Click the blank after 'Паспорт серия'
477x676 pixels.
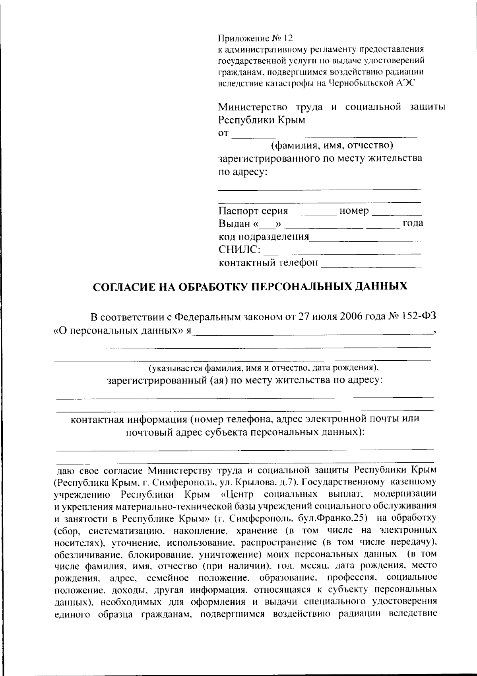point(314,212)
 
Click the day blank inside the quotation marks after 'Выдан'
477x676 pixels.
point(269,225)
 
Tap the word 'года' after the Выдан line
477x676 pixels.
point(413,223)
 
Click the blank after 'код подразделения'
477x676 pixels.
point(365,238)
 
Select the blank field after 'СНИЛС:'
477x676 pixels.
point(342,251)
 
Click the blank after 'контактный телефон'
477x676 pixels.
point(371,264)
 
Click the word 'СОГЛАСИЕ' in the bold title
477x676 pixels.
point(124,287)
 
